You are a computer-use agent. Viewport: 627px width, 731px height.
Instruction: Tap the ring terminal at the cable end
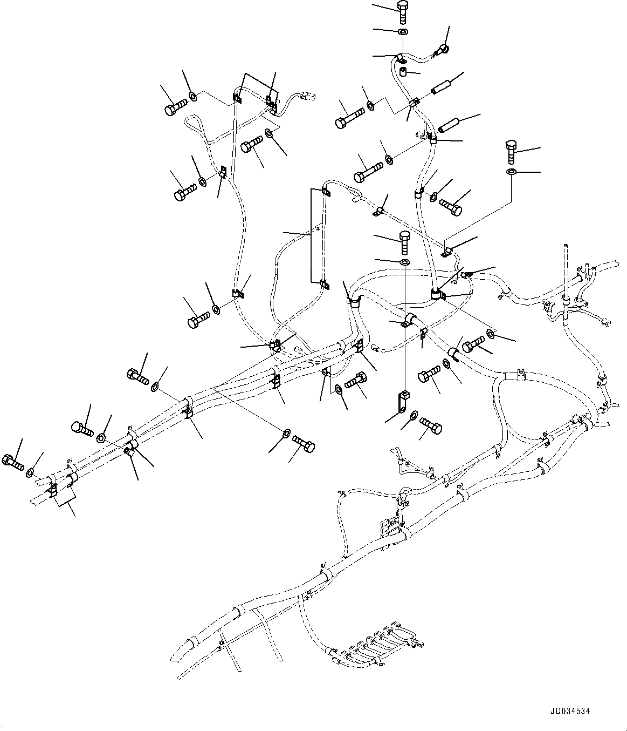click(440, 51)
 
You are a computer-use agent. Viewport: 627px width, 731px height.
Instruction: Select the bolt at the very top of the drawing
click(404, 10)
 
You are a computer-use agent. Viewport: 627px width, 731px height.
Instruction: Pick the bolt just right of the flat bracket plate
click(431, 425)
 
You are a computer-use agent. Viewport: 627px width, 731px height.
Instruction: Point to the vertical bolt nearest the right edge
click(511, 151)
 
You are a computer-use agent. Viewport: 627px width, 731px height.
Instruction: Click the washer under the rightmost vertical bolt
click(511, 172)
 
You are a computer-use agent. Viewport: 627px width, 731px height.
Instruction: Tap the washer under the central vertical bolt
click(404, 262)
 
